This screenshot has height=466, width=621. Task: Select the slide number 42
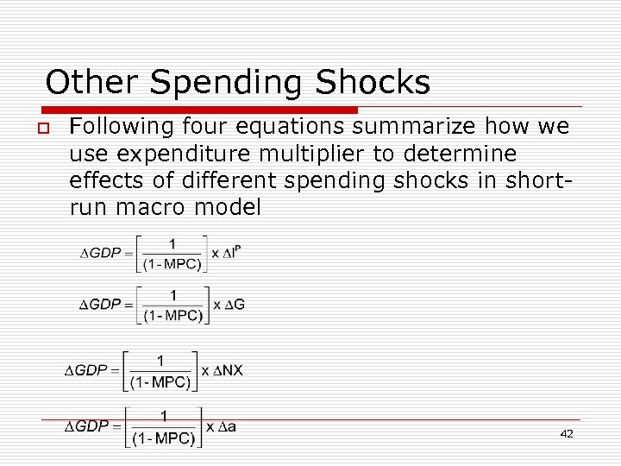point(566,434)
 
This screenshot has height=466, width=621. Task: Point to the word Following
point(122,128)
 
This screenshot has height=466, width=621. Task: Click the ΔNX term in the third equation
point(228,370)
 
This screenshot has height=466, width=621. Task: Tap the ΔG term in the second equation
point(234,305)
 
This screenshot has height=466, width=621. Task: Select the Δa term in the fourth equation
point(227,426)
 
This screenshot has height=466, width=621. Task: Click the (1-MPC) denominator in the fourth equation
point(164,438)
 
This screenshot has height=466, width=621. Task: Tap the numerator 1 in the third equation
point(160,360)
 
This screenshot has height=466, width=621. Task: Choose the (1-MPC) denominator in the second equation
point(172,315)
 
